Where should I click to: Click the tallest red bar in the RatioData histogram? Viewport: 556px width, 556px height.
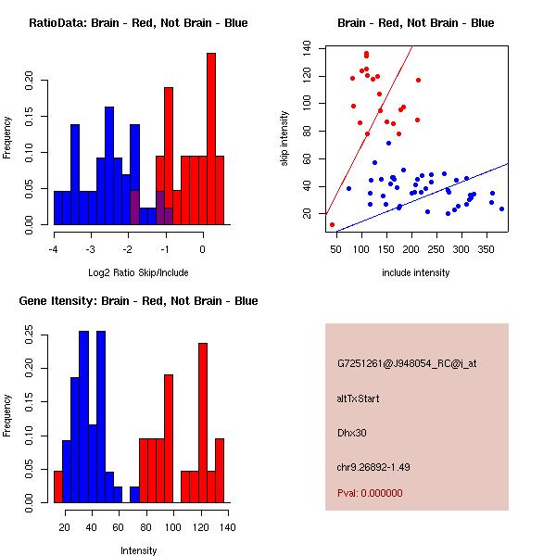211,139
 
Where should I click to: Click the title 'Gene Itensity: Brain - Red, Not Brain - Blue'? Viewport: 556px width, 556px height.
138,301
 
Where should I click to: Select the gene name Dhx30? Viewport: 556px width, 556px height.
352,433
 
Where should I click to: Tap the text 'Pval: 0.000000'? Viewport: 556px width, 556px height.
370,493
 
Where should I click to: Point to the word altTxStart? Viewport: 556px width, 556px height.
358,398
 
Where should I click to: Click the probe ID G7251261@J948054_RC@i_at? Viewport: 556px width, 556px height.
407,364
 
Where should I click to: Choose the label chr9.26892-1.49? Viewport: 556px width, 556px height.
373,467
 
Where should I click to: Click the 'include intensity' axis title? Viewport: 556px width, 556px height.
415,272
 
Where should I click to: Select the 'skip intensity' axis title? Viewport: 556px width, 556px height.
284,138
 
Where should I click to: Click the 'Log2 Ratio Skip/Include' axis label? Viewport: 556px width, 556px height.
138,272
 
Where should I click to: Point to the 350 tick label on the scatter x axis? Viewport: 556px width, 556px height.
486,249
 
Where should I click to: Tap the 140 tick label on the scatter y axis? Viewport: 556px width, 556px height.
307,48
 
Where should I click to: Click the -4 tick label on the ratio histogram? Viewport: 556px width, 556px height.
53,249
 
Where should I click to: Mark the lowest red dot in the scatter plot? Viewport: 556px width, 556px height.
332,224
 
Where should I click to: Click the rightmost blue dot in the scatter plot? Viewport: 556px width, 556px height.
501,209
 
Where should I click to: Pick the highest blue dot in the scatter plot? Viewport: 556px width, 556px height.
388,144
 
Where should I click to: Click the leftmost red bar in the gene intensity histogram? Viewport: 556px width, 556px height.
58,486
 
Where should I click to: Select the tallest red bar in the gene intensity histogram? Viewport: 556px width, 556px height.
203,423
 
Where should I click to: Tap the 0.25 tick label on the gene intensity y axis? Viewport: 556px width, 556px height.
29,335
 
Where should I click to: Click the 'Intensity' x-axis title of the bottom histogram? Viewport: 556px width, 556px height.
138,550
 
